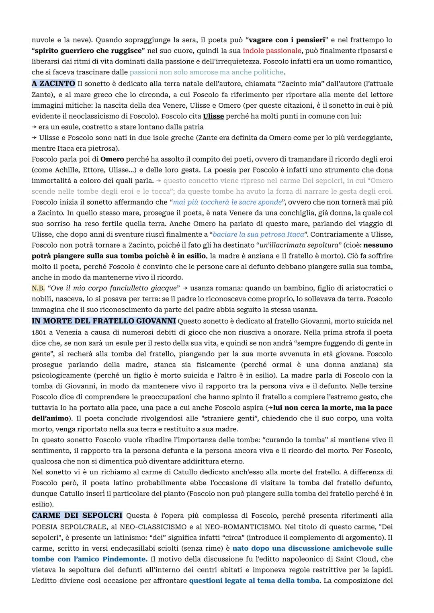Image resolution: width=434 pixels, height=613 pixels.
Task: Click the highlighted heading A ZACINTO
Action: pyautogui.click(x=53, y=84)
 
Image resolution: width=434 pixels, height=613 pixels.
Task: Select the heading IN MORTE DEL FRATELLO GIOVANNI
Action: pyautogui.click(x=104, y=321)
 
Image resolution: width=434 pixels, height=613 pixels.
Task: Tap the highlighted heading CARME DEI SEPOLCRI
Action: pyautogui.click(x=77, y=515)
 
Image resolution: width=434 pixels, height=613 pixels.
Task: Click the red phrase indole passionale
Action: pyautogui.click(x=272, y=51)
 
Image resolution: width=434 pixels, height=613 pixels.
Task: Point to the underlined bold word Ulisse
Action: pyautogui.click(x=213, y=116)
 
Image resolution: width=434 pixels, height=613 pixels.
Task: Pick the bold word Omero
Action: pyautogui.click(x=112, y=159)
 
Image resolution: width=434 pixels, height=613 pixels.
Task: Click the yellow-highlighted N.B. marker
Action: pyautogui.click(x=38, y=288)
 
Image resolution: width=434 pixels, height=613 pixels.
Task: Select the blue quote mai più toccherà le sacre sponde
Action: pyautogui.click(x=227, y=202)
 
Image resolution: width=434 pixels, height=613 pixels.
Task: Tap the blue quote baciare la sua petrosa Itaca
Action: pyautogui.click(x=258, y=234)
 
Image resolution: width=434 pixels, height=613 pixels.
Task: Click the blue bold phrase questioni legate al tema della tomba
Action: pyautogui.click(x=254, y=580)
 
